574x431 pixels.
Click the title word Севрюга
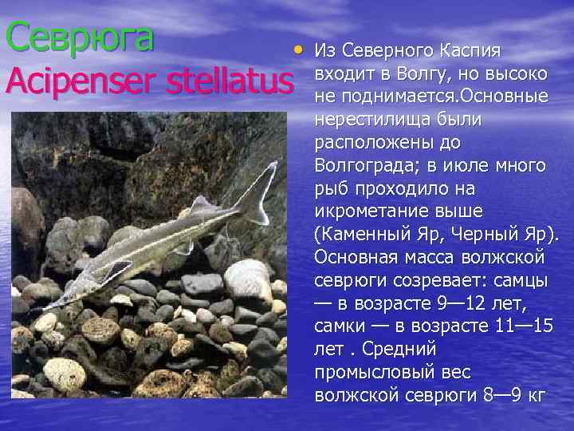(x=79, y=37)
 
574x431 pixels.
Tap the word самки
(x=342, y=327)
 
